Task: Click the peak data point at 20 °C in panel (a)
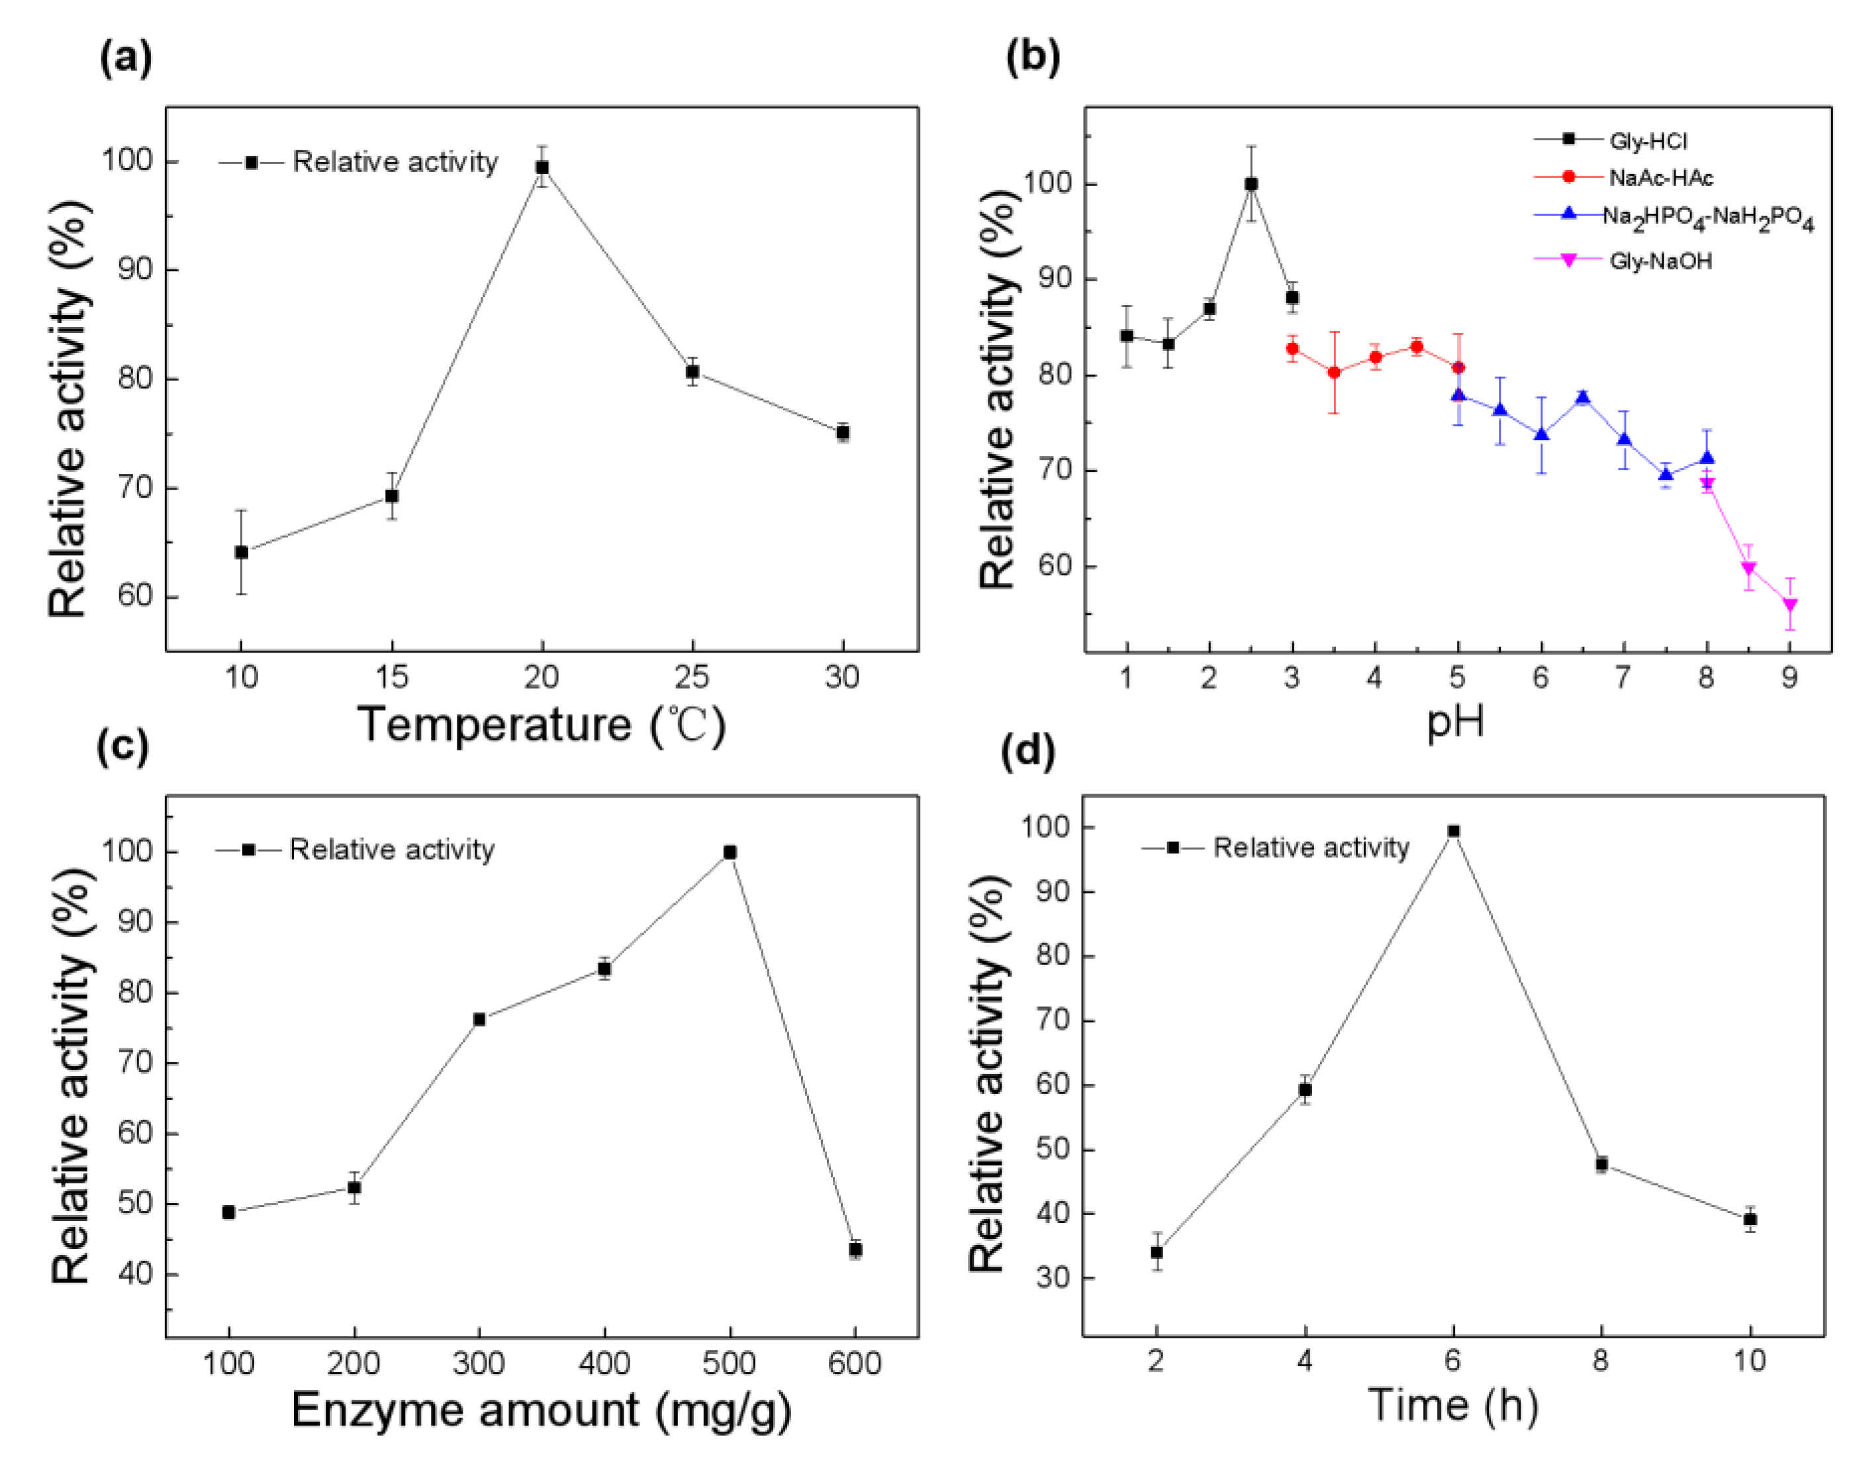[x=542, y=167]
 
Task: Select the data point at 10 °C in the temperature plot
[x=242, y=553]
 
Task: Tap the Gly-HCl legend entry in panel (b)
[x=1648, y=141]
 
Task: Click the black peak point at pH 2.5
[x=1251, y=183]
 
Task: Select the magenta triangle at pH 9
[x=1790, y=605]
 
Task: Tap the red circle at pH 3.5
[x=1334, y=372]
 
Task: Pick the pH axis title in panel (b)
[x=1456, y=722]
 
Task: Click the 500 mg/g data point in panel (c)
[x=730, y=852]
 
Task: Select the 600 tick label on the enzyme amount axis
[x=855, y=1363]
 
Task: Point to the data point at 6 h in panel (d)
[x=1453, y=831]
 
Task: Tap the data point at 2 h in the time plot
[x=1157, y=1252]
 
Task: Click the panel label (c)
[x=124, y=747]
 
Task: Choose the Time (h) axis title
[x=1452, y=1404]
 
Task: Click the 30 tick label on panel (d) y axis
[x=1048, y=1278]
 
